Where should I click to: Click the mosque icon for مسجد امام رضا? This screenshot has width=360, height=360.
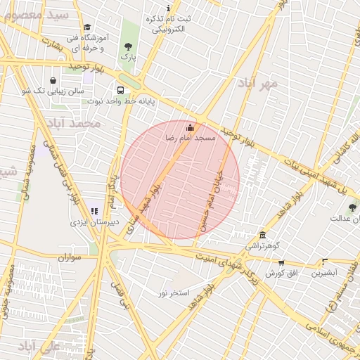click(x=189, y=127)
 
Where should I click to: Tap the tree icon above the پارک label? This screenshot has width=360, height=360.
click(x=127, y=46)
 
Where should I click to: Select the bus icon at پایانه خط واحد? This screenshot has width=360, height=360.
click(x=121, y=90)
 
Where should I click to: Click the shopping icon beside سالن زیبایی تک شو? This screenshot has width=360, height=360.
click(x=54, y=80)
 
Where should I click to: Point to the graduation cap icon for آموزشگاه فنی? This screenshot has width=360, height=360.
click(x=87, y=27)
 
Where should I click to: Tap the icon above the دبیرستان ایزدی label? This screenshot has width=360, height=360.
click(x=94, y=211)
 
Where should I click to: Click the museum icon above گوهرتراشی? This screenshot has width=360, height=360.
click(x=262, y=235)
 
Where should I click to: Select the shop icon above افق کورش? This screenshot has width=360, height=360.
click(x=281, y=263)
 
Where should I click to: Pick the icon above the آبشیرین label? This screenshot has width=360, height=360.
click(x=324, y=261)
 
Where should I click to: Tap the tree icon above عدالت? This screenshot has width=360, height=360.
click(x=352, y=207)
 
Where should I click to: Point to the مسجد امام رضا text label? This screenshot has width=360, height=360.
click(x=191, y=139)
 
